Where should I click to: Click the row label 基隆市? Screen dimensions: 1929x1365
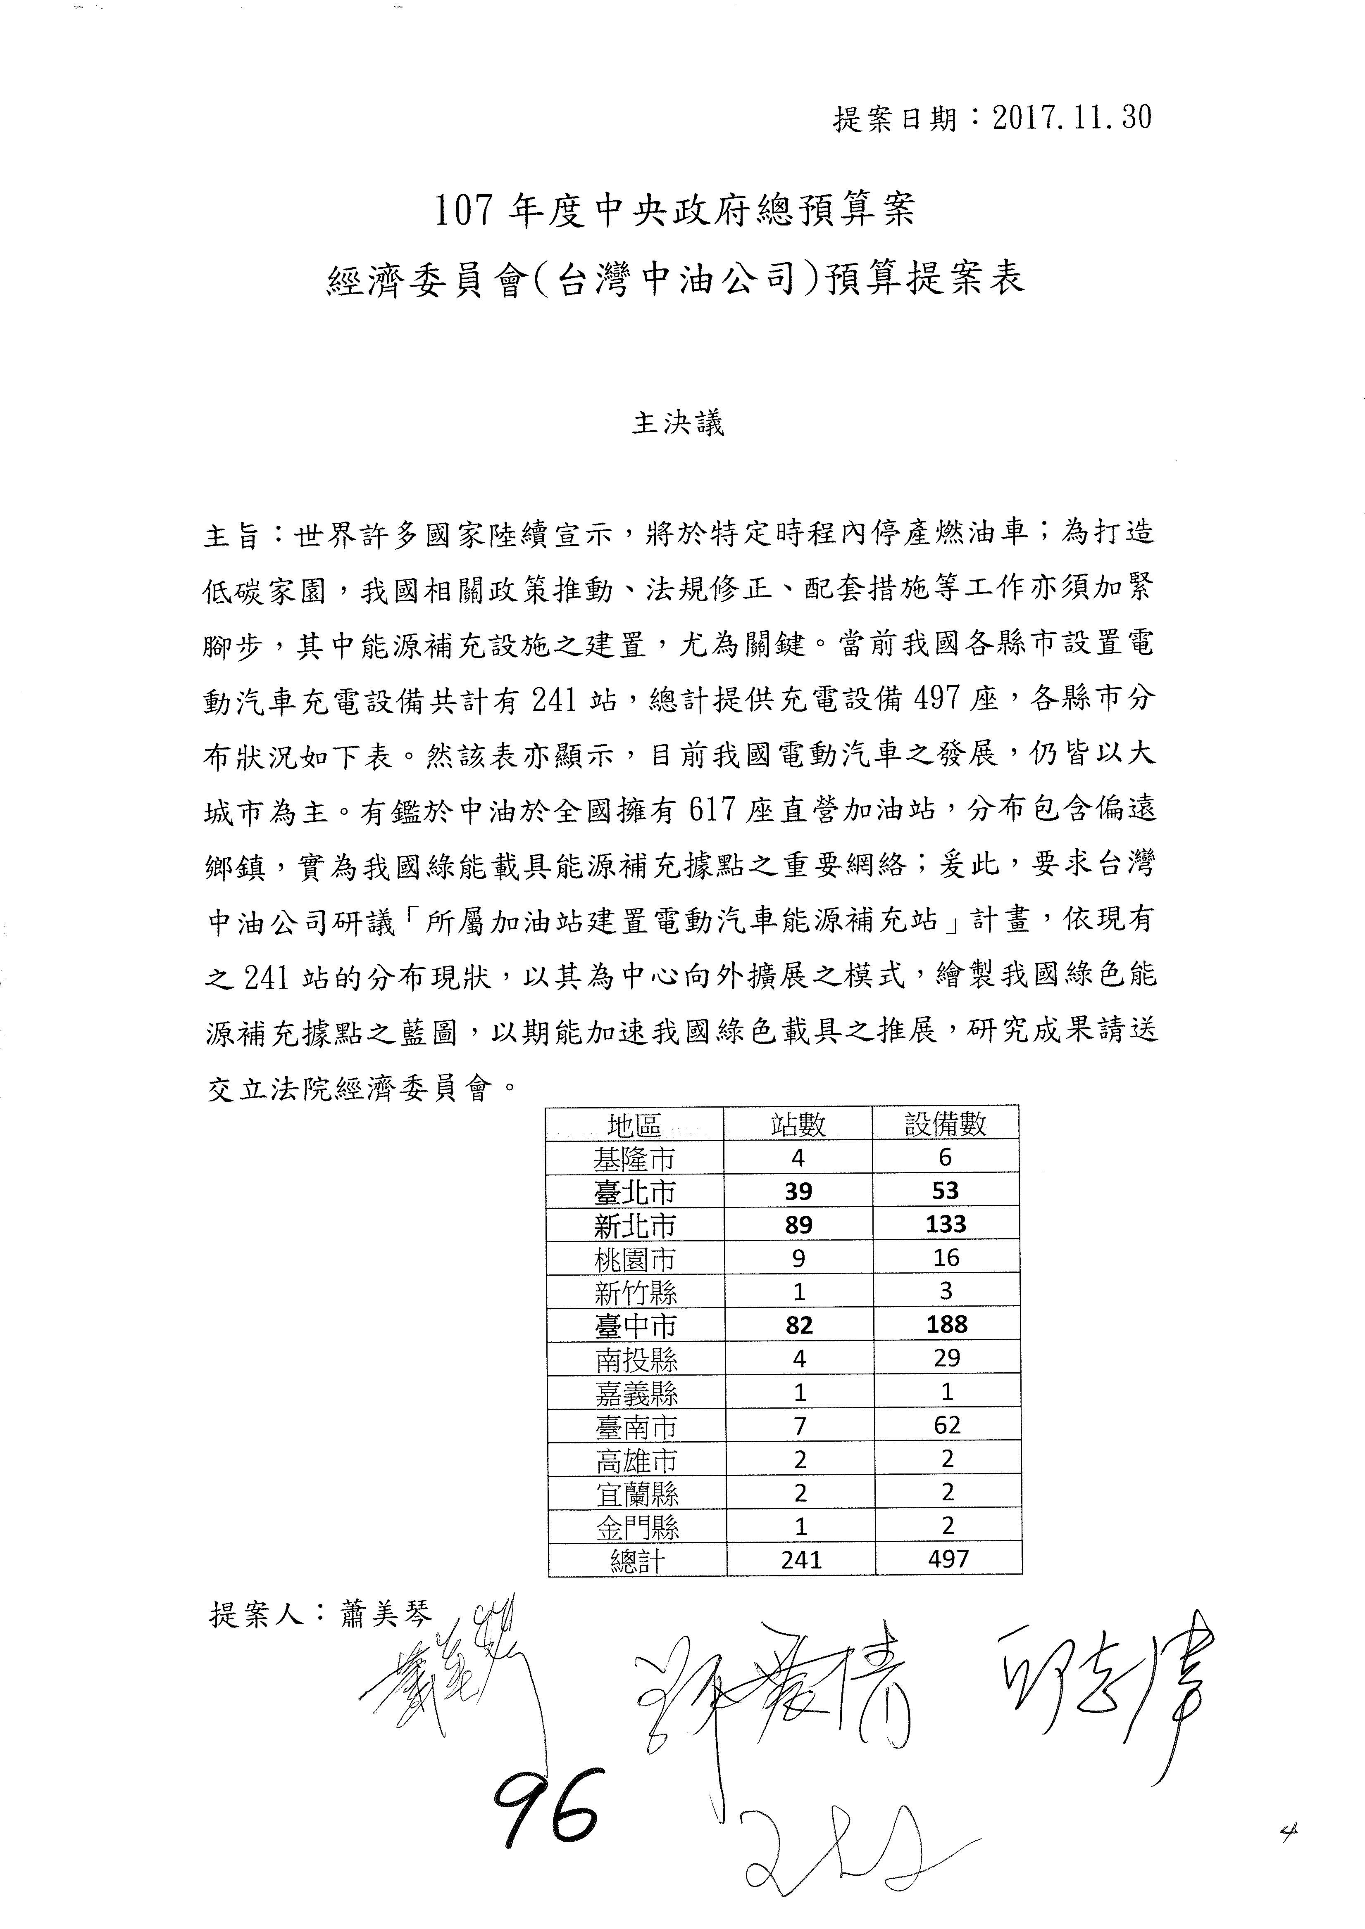(x=635, y=1158)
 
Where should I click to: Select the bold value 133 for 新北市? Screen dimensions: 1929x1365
(x=946, y=1224)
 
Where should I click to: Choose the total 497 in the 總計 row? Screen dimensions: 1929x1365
(x=948, y=1559)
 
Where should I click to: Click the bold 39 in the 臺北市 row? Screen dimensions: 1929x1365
(x=798, y=1191)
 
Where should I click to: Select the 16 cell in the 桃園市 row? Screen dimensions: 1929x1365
(x=946, y=1258)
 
